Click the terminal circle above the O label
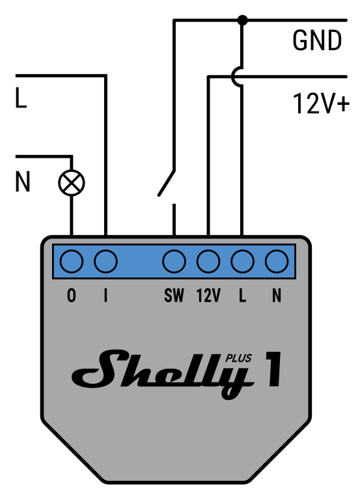pos(72,262)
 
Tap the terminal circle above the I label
pos(105,262)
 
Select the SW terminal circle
pos(174,262)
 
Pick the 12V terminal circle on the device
pos(208,262)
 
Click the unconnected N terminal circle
pos(277,262)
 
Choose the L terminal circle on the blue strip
pos(242,262)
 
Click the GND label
pos(317,41)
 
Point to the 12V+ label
pos(321,104)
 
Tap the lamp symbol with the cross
pos(72,183)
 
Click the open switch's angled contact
pos(167,182)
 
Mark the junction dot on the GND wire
pos(242,20)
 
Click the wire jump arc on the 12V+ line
pos(236,78)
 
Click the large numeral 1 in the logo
pos(272,369)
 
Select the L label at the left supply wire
pos(21,99)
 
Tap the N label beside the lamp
pos(23,183)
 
